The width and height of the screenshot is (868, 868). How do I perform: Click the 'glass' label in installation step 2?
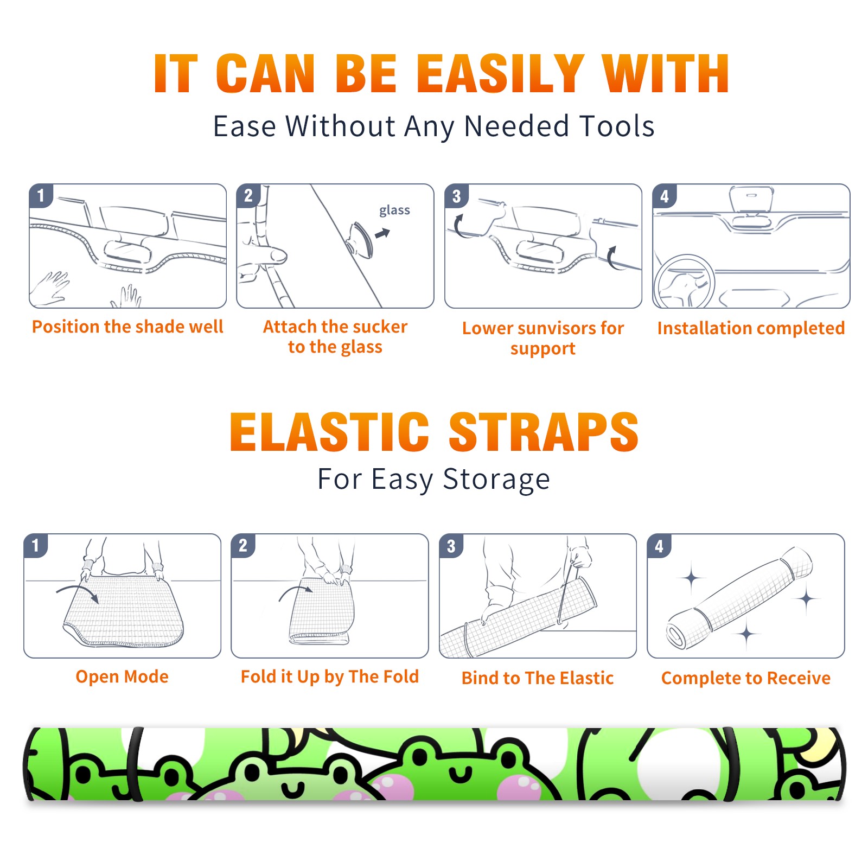coord(394,210)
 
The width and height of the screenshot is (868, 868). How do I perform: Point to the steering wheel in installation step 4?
coord(685,282)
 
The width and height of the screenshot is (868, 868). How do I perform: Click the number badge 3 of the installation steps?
coord(456,196)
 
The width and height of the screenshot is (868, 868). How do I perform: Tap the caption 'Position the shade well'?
coord(127,327)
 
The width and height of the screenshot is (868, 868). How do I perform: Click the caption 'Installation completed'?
coord(751,328)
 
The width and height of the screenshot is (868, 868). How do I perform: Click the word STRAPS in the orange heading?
coord(544,432)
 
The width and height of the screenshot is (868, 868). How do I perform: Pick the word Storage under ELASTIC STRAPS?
coord(496,480)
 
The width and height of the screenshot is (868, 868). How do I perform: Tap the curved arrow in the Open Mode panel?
coord(78,592)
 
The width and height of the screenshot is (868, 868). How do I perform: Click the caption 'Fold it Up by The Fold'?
coord(330,676)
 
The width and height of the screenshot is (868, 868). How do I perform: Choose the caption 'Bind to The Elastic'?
coord(538,678)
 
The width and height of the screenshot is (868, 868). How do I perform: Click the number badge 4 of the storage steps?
coord(659,546)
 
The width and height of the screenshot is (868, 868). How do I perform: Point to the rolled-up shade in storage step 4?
coord(739,598)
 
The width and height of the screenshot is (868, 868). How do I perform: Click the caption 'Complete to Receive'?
coord(746,678)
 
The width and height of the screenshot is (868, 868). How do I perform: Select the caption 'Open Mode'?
coord(122,676)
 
